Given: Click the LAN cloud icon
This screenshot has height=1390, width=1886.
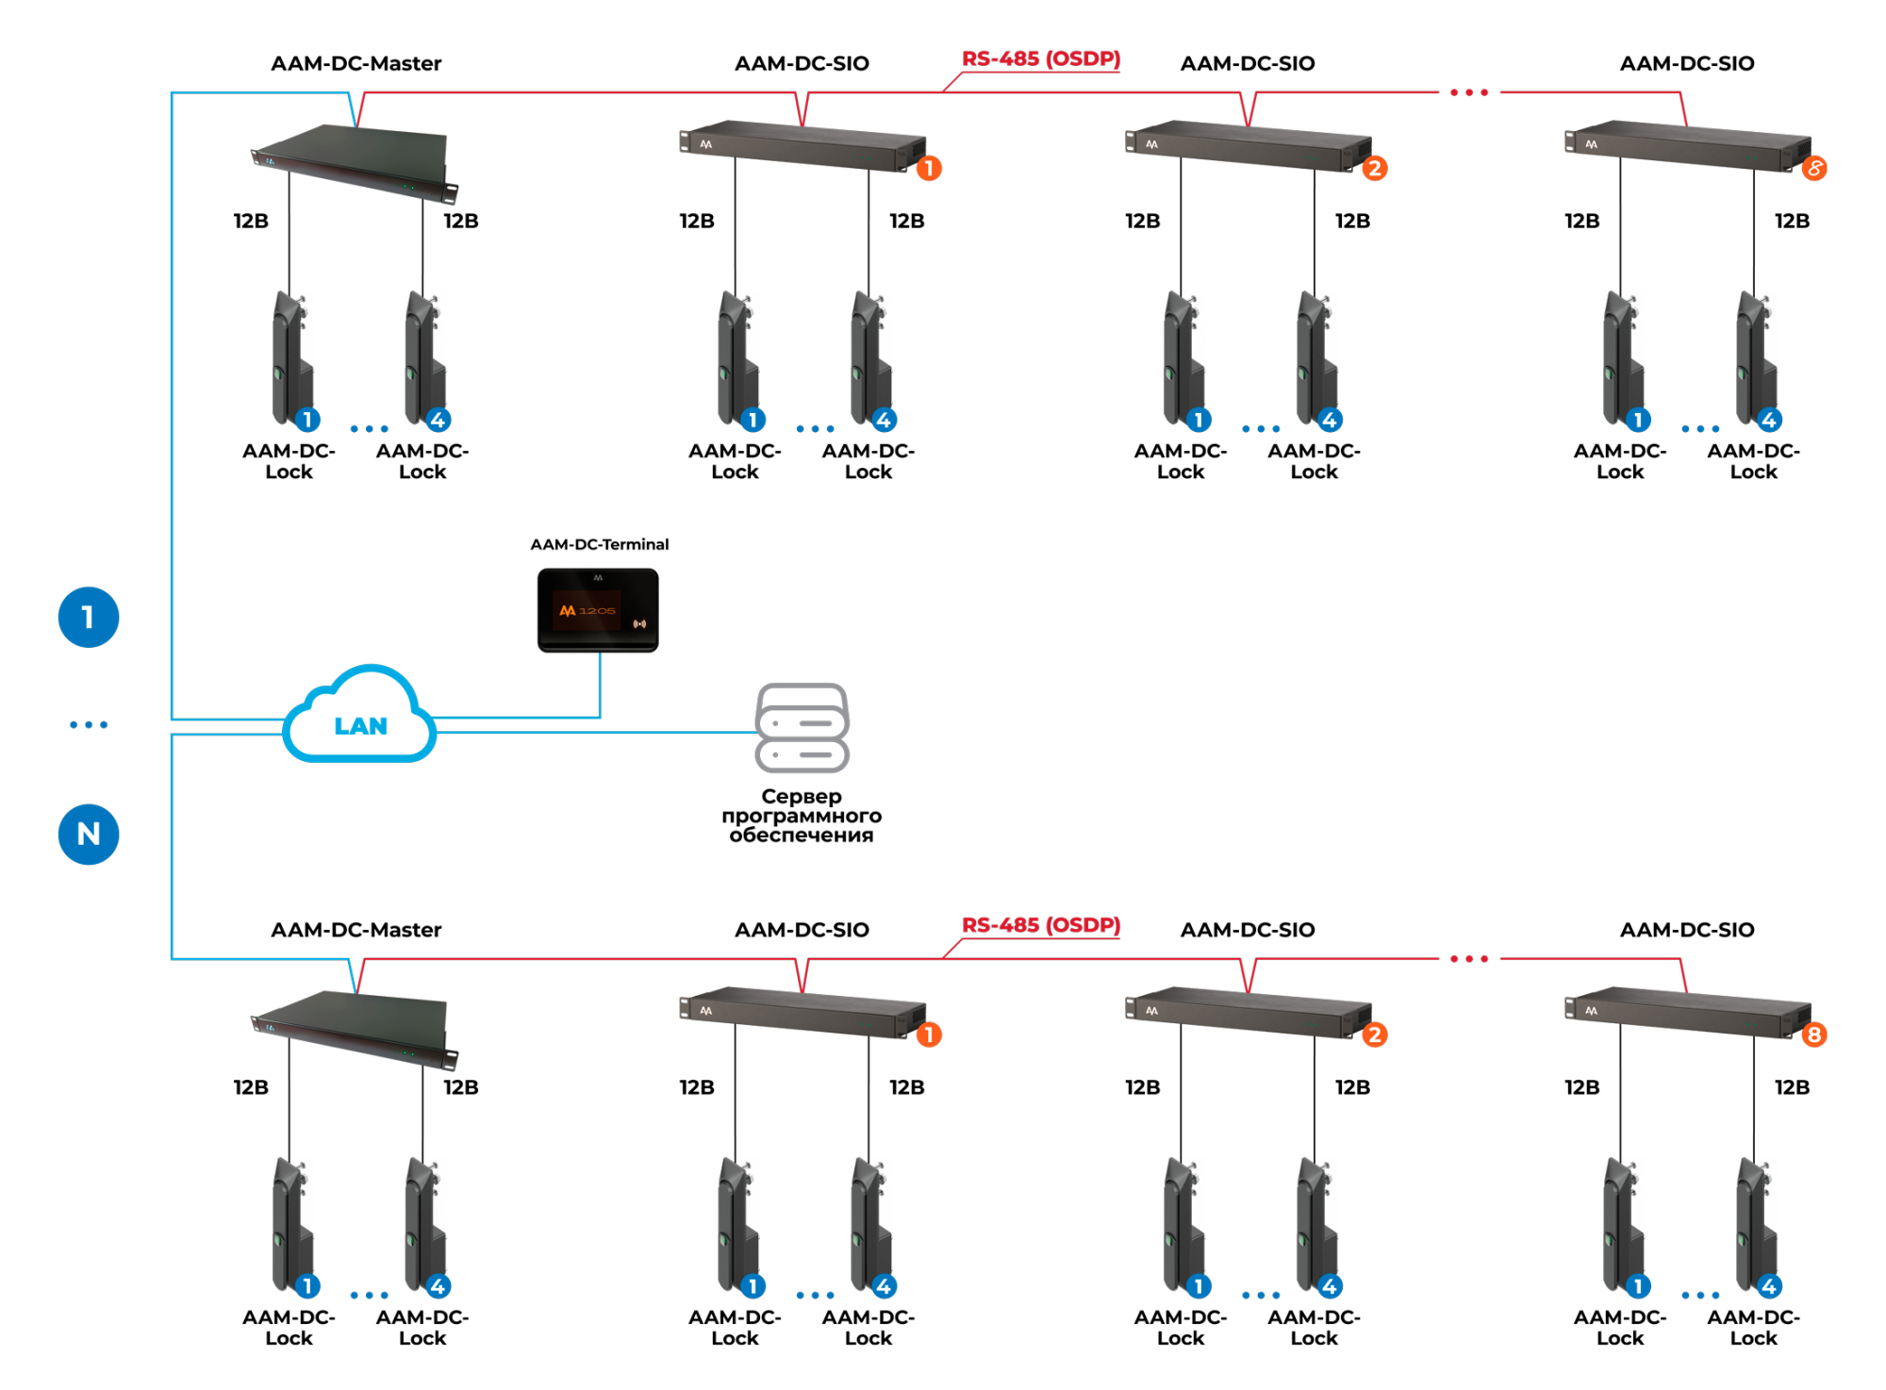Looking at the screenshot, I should [x=359, y=717].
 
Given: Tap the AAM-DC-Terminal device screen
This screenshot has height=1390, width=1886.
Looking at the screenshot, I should [x=598, y=609].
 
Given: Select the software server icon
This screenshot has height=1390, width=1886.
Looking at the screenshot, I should [x=802, y=727].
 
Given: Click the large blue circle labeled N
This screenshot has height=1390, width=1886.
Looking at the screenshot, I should [x=89, y=834].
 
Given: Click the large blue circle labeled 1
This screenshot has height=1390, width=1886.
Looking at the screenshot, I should [x=89, y=618].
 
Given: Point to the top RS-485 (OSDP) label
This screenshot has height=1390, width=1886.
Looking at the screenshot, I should [x=1040, y=58].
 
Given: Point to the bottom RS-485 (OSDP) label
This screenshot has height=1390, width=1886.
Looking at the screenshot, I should [x=1040, y=925].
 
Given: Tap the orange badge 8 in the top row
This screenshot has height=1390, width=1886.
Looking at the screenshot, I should [x=1814, y=169].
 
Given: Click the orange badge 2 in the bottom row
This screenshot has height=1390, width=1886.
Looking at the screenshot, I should [x=1374, y=1035].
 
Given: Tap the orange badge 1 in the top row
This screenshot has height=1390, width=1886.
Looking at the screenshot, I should [x=929, y=169].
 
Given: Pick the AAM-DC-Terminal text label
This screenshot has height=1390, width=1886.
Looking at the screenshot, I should [x=599, y=544].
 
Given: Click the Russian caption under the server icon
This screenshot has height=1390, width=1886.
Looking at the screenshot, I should [x=802, y=816].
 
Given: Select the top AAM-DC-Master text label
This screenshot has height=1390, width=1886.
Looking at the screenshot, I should [x=356, y=63].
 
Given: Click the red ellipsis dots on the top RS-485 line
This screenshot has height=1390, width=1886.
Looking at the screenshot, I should [x=1468, y=92].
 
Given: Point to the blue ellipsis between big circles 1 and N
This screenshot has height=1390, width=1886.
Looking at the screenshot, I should [x=89, y=724].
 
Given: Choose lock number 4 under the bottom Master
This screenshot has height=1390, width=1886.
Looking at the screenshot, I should [x=424, y=1225].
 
